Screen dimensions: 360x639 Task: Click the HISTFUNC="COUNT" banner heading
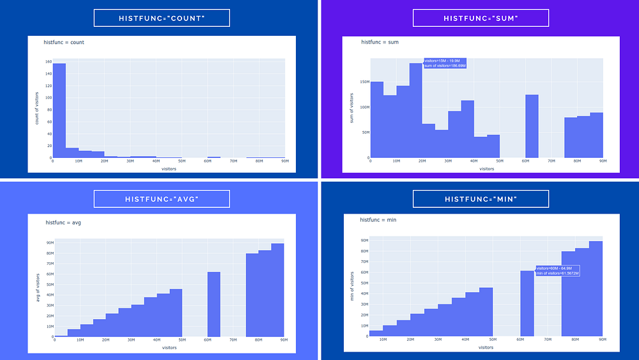pyautogui.click(x=161, y=18)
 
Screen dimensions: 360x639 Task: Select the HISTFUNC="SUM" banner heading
pyautogui.click(x=481, y=18)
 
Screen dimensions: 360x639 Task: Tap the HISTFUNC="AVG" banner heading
pyautogui.click(x=161, y=199)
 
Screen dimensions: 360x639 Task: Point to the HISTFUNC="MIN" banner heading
pyautogui.click(x=481, y=199)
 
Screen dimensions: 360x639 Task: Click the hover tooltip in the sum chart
pyautogui.click(x=445, y=63)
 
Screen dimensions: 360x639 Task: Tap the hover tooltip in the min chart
pyautogui.click(x=557, y=270)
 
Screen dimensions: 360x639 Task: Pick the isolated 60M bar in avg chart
pyautogui.click(x=213, y=304)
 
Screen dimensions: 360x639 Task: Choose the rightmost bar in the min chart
pyautogui.click(x=596, y=288)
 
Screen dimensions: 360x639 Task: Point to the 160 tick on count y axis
pyautogui.click(x=49, y=62)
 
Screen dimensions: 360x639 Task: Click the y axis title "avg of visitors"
pyautogui.click(x=38, y=287)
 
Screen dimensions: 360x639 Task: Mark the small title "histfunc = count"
pyautogui.click(x=64, y=42)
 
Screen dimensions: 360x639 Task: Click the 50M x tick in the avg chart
pyautogui.click(x=182, y=341)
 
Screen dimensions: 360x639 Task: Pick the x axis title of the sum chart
pyautogui.click(x=486, y=169)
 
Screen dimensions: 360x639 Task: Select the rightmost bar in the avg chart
pyautogui.click(x=277, y=290)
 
